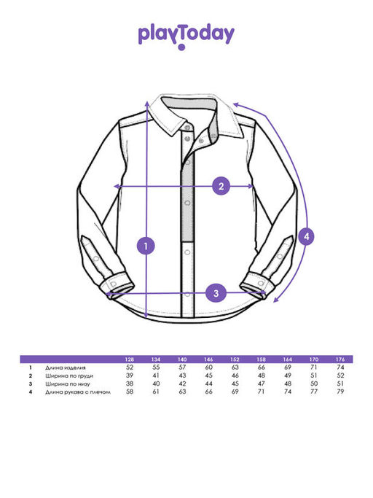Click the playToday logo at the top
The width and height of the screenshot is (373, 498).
(186, 36)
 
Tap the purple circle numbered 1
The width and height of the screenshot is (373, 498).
(146, 246)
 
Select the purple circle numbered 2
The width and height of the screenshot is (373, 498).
(221, 186)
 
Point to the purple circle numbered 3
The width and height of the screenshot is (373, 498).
(216, 293)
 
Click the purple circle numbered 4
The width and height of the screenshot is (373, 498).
(306, 236)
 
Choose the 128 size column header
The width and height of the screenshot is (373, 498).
(130, 359)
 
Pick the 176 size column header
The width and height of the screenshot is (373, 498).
(340, 359)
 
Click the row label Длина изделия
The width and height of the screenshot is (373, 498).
(66, 367)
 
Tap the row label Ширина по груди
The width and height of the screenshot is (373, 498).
(69, 376)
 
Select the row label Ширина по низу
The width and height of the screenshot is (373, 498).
(68, 384)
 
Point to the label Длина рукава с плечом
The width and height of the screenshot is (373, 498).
(78, 392)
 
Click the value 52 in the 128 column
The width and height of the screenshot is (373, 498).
(130, 367)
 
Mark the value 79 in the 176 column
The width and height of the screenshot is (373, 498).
(340, 392)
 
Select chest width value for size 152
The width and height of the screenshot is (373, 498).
(235, 376)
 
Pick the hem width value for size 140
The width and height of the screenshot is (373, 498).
(182, 384)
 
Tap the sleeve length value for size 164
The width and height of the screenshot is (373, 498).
(288, 392)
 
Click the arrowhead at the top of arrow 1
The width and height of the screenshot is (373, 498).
(146, 104)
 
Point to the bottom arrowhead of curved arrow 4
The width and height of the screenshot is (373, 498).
(275, 300)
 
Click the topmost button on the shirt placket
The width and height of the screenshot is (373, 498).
(187, 128)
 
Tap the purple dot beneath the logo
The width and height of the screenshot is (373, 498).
(181, 47)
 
